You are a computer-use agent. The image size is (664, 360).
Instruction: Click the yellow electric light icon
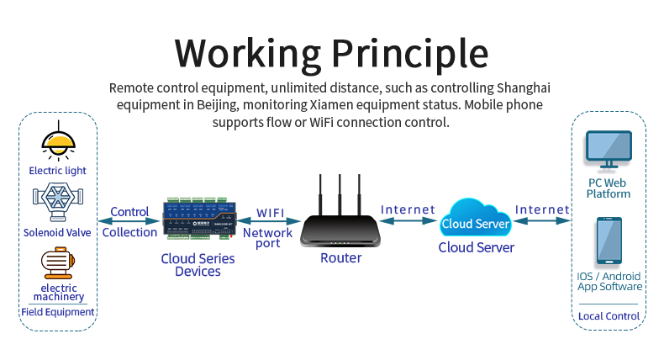58,140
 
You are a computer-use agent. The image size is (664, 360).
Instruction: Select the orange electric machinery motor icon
58,262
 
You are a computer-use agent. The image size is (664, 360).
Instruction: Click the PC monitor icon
609,151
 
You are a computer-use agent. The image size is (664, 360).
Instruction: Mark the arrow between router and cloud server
408,221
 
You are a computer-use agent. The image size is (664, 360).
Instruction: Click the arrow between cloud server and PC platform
542,221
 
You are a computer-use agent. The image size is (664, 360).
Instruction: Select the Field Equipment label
58,312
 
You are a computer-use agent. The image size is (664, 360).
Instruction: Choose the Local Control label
609,316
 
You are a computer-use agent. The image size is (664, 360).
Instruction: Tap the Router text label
340,258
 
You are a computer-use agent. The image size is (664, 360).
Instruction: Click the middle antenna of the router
340,193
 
